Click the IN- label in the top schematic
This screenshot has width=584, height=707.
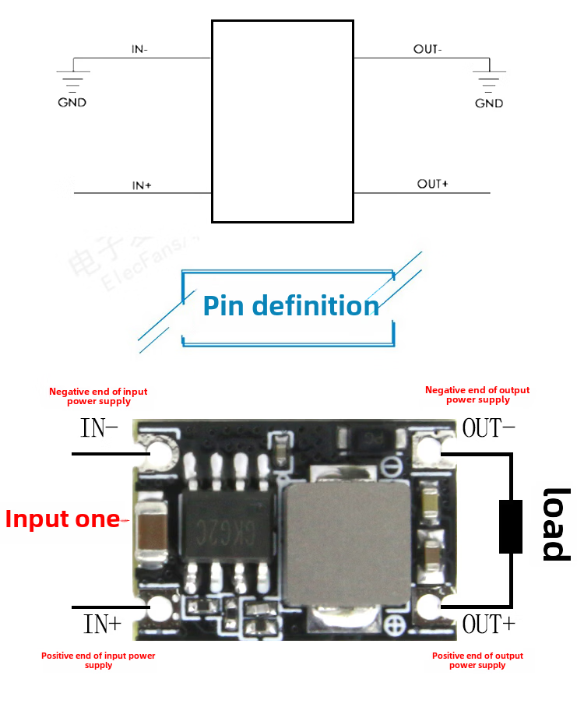pos(140,50)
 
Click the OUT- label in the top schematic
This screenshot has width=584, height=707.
pos(427,50)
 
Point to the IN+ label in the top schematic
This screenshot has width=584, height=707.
pos(141,186)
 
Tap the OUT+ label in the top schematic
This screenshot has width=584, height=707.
pos(432,185)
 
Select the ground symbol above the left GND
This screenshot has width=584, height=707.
pos(72,80)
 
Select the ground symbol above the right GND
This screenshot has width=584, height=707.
pos(489,80)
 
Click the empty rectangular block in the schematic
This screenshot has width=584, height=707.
pos(283,121)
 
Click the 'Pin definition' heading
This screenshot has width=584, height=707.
pos(290,305)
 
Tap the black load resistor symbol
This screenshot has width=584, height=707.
pos(511,527)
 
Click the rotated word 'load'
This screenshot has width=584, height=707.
pos(556,524)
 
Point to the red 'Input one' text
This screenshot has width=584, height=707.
pos(62,519)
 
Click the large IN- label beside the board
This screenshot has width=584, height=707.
pos(98,429)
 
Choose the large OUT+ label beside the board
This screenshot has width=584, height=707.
pos(488,624)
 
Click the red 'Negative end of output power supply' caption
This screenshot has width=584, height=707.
pos(477,395)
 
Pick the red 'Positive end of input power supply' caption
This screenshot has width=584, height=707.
pos(98,660)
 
